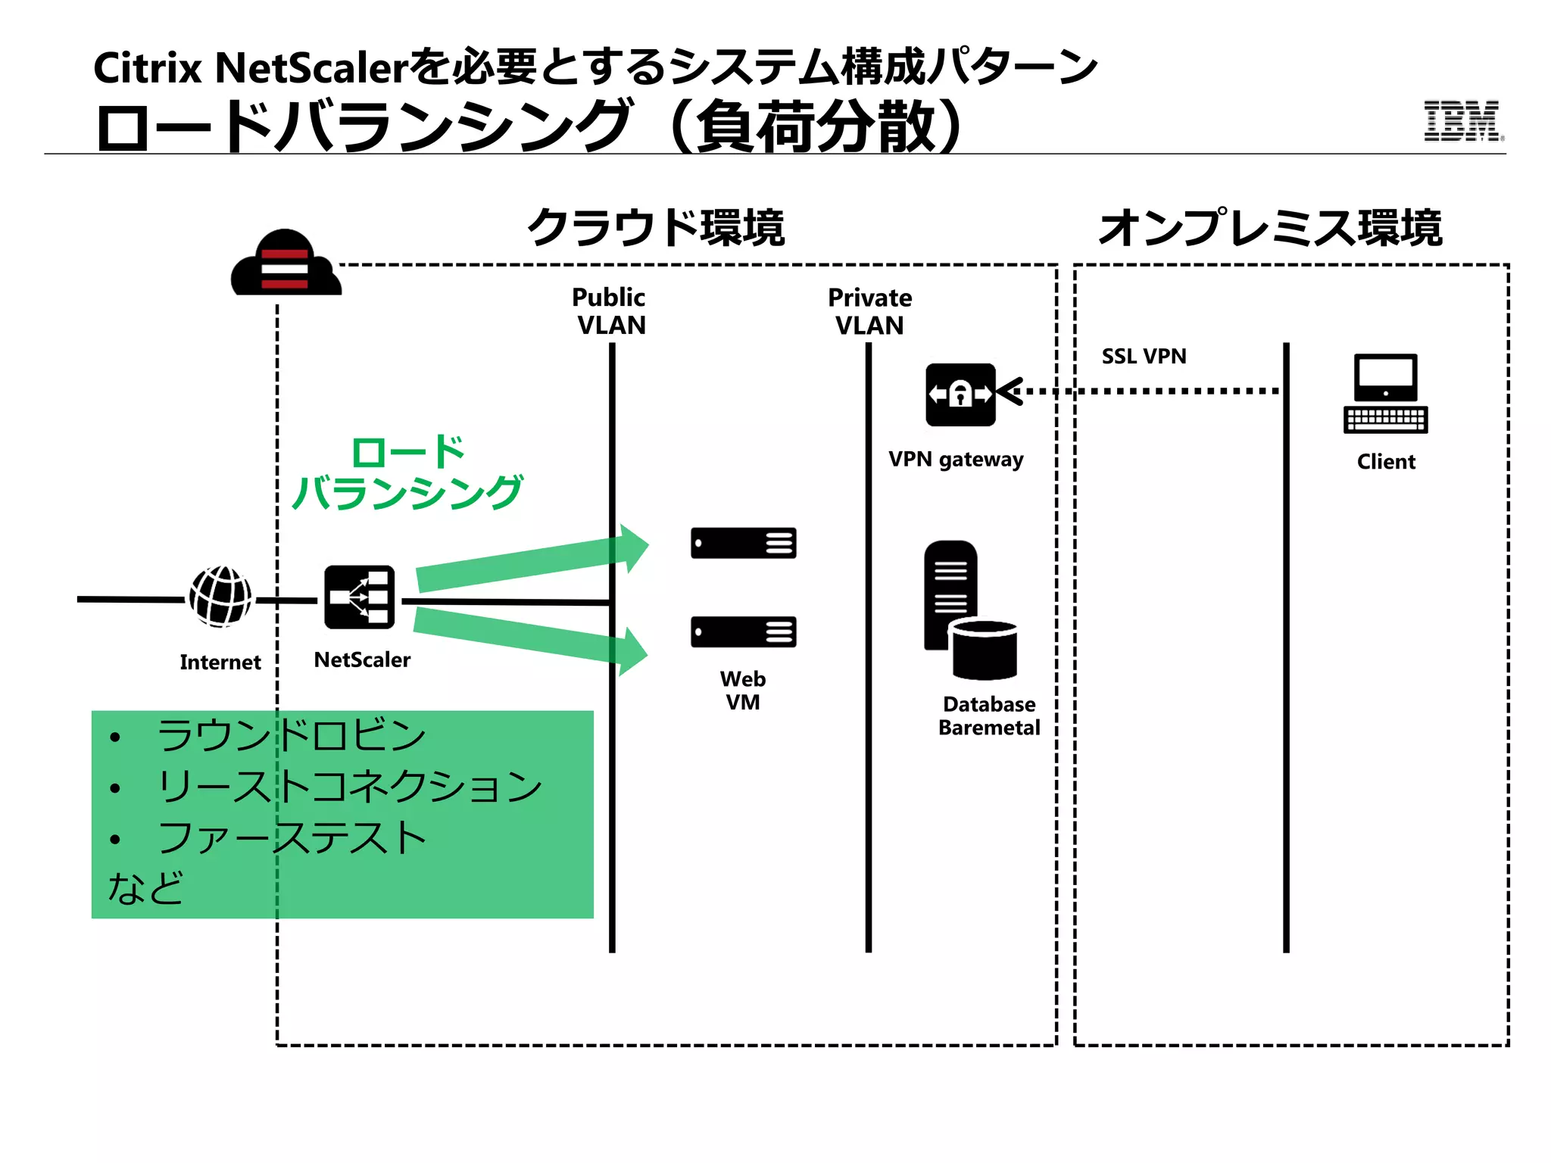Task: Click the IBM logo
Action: pyautogui.click(x=1462, y=121)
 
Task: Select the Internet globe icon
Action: pyautogui.click(x=220, y=597)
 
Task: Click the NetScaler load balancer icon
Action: pyautogui.click(x=360, y=597)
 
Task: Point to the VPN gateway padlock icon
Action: pyautogui.click(x=960, y=394)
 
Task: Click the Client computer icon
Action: pyautogui.click(x=1385, y=394)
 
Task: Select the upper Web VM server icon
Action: pyautogui.click(x=743, y=543)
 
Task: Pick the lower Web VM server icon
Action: pyautogui.click(x=743, y=631)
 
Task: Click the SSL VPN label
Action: pyautogui.click(x=1144, y=356)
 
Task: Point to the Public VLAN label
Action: pyautogui.click(x=610, y=311)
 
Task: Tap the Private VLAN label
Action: pyautogui.click(x=869, y=311)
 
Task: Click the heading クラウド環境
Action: pyautogui.click(x=656, y=227)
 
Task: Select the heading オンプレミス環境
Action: pyautogui.click(x=1270, y=227)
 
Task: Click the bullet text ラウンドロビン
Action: pyautogui.click(x=291, y=735)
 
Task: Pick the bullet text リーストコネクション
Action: pyautogui.click(x=349, y=786)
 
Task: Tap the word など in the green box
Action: pyautogui.click(x=145, y=887)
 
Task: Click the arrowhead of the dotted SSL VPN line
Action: pyautogui.click(x=1009, y=391)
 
